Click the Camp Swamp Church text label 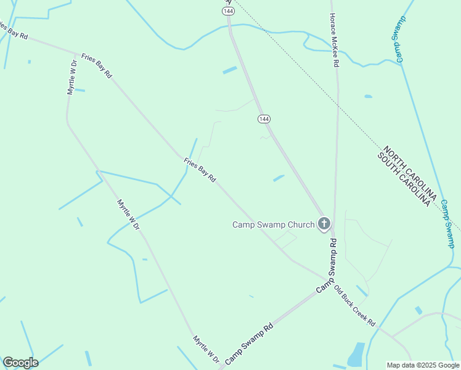[273, 224]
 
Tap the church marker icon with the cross [324, 224]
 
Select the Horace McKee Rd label [333, 40]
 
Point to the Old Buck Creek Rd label [354, 305]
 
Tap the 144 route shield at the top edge [229, 11]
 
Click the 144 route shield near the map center [264, 118]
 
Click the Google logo [20, 362]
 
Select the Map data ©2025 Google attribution [422, 365]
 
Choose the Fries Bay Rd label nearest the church [200, 170]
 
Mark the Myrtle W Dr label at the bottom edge [206, 349]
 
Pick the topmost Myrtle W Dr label [71, 77]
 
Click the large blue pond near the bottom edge [356, 355]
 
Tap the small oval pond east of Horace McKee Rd [368, 96]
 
